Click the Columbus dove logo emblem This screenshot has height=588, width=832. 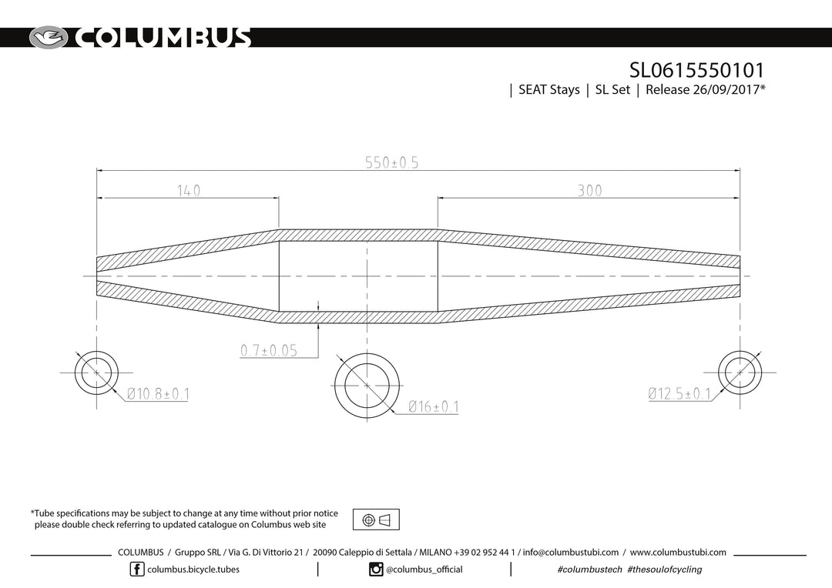pyautogui.click(x=49, y=38)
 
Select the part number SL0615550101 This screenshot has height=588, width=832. pyautogui.click(x=696, y=70)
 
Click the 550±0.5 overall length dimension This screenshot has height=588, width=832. pyautogui.click(x=391, y=162)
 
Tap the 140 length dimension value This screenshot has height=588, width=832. pyautogui.click(x=189, y=190)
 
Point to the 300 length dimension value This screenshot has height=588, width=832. pyautogui.click(x=589, y=190)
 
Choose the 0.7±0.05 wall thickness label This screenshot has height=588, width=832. pyautogui.click(x=269, y=350)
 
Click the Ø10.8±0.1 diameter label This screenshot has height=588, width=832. pyautogui.click(x=158, y=394)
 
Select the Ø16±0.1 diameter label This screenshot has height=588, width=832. pyautogui.click(x=434, y=406)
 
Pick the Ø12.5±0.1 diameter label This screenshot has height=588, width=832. pyautogui.click(x=679, y=393)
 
